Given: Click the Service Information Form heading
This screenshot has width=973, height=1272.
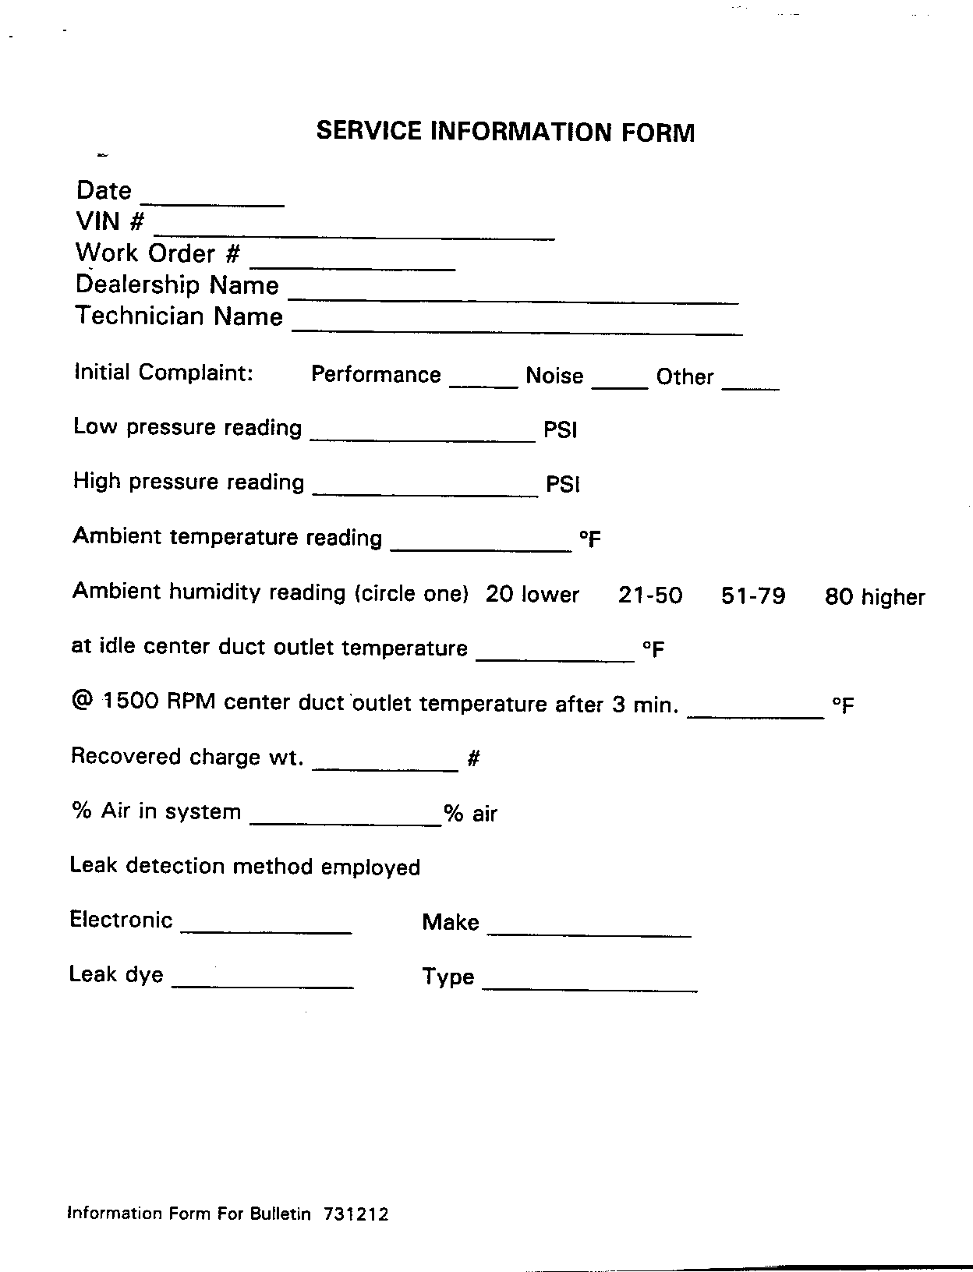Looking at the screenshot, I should tap(504, 131).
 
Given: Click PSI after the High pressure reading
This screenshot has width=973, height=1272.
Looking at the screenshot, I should tap(563, 485).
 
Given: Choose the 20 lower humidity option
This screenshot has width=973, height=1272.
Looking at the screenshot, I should tap(532, 595).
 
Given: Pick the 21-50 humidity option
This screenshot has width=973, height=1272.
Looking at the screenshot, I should tap(650, 596).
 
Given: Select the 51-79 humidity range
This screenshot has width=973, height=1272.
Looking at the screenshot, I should tap(753, 596).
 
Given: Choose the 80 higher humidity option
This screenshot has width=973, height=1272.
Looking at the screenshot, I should tap(875, 598).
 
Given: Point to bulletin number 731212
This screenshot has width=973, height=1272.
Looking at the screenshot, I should tap(354, 1214).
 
